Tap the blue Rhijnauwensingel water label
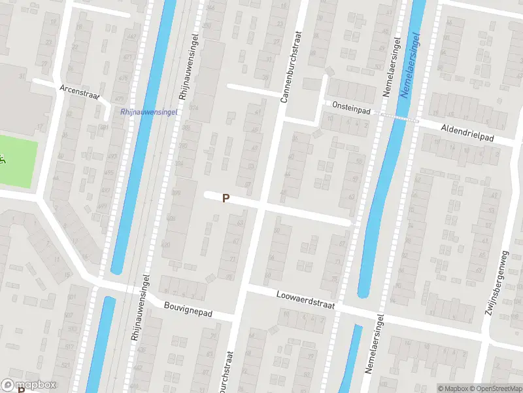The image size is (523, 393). (x=149, y=112)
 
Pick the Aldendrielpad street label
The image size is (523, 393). (x=467, y=132)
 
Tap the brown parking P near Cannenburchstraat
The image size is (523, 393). (x=226, y=198)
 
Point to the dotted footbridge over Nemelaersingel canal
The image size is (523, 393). (x=399, y=117)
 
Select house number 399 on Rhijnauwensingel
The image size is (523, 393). (x=175, y=192)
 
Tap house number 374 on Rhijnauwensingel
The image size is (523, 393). (x=193, y=107)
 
